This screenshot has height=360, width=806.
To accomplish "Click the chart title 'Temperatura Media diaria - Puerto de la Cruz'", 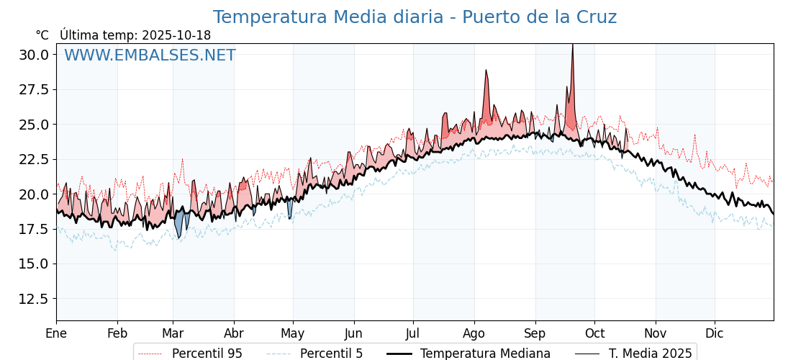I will click(x=415, y=17).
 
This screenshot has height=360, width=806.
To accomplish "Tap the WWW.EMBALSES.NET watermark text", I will click(x=150, y=55).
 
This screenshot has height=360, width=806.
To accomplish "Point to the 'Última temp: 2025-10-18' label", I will click(x=135, y=35).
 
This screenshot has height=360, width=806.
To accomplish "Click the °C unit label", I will click(x=42, y=35).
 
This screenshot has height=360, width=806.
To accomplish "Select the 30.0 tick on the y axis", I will click(x=34, y=55).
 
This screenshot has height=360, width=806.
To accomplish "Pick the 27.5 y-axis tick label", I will click(x=34, y=89).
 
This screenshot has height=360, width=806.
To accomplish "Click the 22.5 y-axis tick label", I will click(x=34, y=159).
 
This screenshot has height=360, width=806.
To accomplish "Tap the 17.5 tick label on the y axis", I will click(x=34, y=229).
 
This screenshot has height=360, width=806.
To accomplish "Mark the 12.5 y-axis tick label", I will click(x=34, y=299).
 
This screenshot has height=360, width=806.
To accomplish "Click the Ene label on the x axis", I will click(x=56, y=333).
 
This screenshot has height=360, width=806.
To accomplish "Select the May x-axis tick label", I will click(x=292, y=333).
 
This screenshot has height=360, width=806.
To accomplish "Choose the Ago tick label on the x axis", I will click(x=474, y=333).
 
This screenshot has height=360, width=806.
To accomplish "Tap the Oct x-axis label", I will click(x=594, y=333).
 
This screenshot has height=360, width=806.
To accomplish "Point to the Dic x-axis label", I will click(x=715, y=333).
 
